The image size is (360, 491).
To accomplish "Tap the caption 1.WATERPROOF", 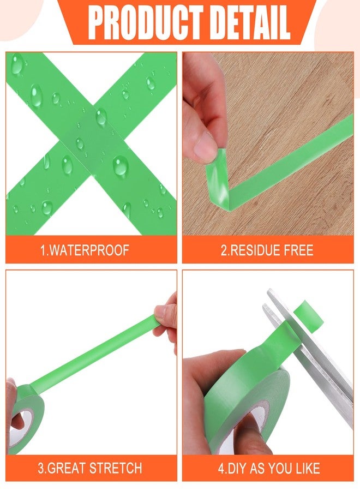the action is tap(85, 250).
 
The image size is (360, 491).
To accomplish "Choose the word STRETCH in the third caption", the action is tap(116, 468).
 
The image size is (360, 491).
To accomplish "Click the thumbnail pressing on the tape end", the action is tap(205, 147).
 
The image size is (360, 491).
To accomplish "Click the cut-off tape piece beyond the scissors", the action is tap(309, 316).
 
